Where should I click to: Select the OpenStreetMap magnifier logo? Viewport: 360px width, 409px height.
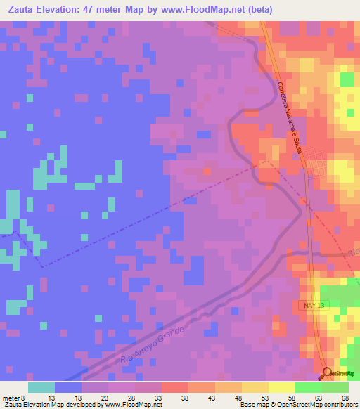click(328, 373)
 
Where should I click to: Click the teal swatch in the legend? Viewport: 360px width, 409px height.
click(41, 387)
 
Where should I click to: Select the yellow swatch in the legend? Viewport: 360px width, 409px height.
click(282, 387)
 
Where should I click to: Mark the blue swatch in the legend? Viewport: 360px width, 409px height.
click(68, 387)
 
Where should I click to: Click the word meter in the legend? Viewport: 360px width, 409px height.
click(14, 398)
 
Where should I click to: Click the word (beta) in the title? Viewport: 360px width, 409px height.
click(296, 11)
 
